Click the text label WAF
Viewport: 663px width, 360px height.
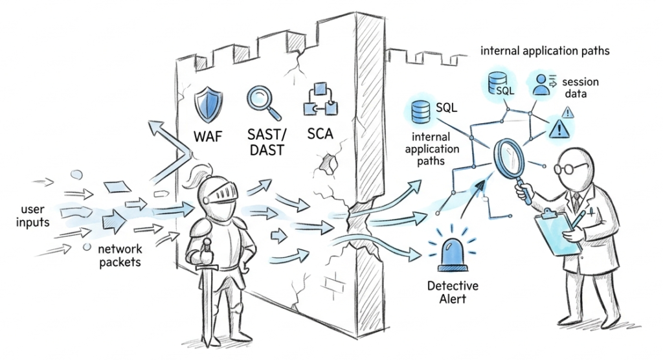pos(209,137)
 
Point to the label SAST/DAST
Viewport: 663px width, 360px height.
pos(267,144)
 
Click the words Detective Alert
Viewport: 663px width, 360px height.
pos(453,292)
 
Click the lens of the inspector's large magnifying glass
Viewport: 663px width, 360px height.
pos(509,153)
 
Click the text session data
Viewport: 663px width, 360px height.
pos(580,88)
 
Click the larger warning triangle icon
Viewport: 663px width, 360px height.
pos(557,130)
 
